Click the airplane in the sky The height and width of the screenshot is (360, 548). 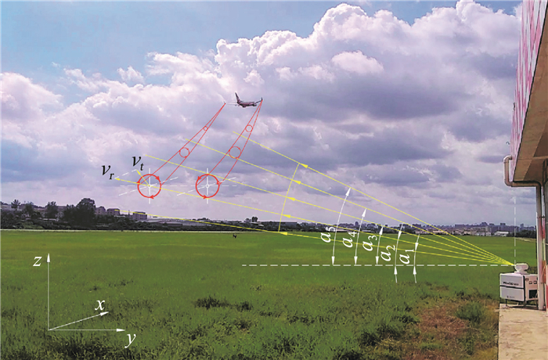point(247,101)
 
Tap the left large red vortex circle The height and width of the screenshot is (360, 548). point(150,185)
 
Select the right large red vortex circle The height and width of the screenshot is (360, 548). point(207,185)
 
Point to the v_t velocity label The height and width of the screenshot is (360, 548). point(138,161)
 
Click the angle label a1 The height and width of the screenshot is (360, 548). point(405,257)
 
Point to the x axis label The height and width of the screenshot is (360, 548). point(100,305)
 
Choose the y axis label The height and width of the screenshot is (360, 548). point(130,338)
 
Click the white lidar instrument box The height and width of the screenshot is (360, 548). point(518,286)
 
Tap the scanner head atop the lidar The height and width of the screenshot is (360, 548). point(521,268)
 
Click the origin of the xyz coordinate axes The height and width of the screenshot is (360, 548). point(49,329)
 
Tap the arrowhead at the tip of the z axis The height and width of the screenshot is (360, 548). point(49,257)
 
